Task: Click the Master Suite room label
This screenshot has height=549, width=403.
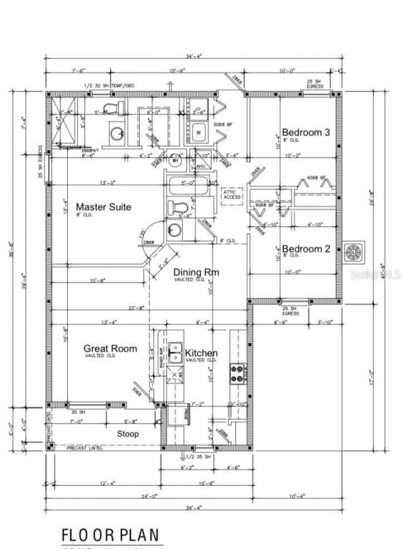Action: [x=103, y=207]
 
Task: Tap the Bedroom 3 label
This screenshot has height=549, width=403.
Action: [x=305, y=132]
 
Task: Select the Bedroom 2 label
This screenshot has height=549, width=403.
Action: [x=305, y=249]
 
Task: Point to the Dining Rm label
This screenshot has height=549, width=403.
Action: [x=196, y=272]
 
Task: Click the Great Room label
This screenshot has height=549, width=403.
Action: [x=110, y=349]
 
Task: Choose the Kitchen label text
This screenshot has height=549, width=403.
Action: [x=201, y=353]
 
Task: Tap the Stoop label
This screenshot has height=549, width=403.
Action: [x=128, y=434]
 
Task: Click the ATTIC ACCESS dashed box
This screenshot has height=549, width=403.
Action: [x=232, y=194]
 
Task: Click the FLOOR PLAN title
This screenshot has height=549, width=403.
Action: [x=111, y=535]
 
